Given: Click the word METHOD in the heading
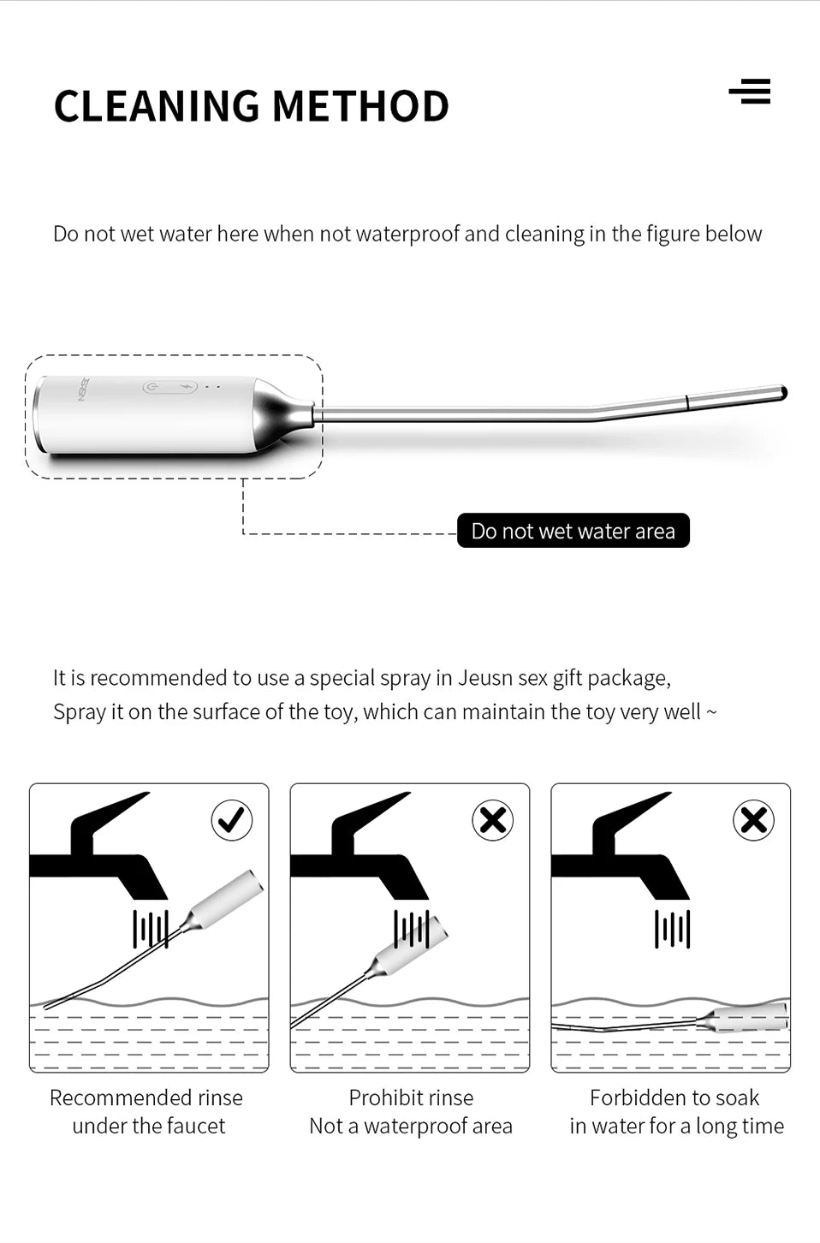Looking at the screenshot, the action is pos(360,105).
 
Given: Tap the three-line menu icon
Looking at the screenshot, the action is pos(750,91).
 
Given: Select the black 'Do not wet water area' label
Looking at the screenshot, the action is pos(573,531).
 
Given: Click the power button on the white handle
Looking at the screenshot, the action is pos(152,387).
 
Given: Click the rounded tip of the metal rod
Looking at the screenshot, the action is pos(782,393).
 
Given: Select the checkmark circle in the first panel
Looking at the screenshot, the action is pos(232,819).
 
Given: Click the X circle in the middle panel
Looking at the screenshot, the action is pos(493,819).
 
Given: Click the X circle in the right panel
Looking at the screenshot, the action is pos(753,819).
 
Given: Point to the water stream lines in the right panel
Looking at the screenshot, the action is pos(673,929).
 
